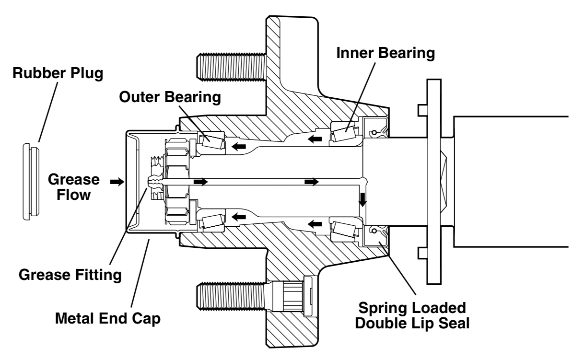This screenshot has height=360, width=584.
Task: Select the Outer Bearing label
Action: pos(170,97)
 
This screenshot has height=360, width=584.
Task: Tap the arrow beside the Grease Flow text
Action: pos(116,182)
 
